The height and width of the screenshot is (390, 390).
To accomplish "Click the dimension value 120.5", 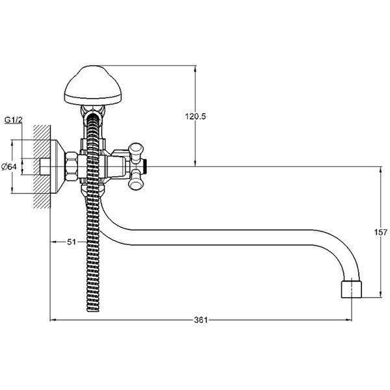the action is (x=195, y=116).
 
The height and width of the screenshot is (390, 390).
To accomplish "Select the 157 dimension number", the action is (x=381, y=232).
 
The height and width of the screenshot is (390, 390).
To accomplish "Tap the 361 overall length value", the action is (x=201, y=320).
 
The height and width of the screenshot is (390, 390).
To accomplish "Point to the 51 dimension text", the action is (x=71, y=242).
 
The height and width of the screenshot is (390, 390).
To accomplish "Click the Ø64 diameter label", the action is (x=9, y=166).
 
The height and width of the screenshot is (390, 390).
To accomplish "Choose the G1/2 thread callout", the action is (x=14, y=120).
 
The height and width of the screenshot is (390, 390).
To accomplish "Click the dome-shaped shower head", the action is (x=93, y=85).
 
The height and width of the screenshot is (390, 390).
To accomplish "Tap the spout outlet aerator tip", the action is (x=351, y=289).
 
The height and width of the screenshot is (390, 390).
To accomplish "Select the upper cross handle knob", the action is (x=136, y=152).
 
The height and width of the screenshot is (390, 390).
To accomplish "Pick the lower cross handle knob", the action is (x=136, y=179).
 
